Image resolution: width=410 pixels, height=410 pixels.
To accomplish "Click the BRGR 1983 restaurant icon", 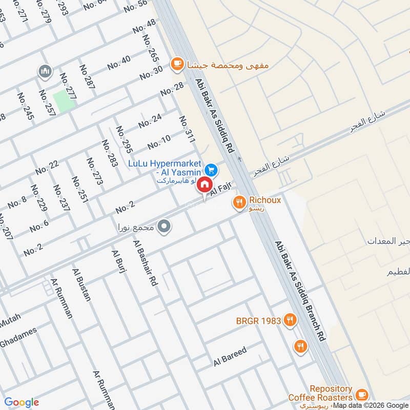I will click(290, 321).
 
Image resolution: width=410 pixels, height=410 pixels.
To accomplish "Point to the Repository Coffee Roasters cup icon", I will click(362, 394).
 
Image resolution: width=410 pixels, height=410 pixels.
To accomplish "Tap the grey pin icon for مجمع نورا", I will click(164, 226).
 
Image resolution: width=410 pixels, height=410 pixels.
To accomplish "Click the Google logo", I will click(22, 402).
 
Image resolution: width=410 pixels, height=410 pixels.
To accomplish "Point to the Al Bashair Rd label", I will click(145, 262).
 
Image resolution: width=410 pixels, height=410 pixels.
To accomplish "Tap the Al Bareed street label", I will click(231, 357).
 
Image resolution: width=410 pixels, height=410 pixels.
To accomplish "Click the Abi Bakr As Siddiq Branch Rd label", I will click(300, 292).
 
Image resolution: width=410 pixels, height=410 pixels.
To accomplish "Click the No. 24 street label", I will click(150, 120).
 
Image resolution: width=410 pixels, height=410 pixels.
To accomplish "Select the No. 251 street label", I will click(80, 189).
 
